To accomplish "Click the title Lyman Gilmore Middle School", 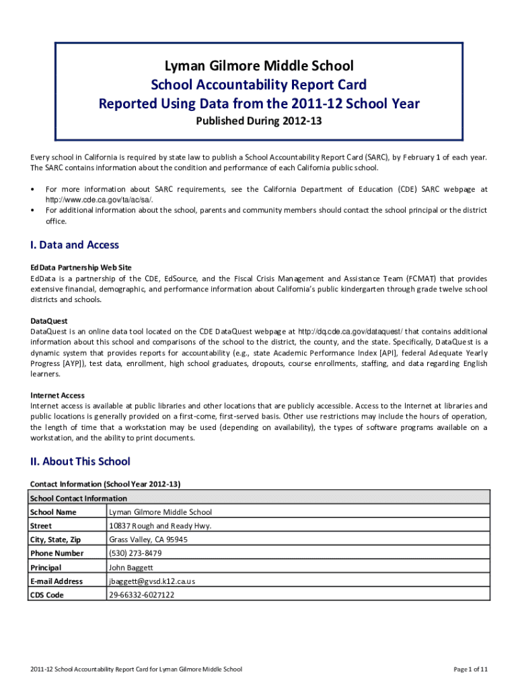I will [259, 66].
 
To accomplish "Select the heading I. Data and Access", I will [75, 245].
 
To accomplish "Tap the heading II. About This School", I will [80, 462].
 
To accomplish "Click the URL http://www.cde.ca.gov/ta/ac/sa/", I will [99, 200].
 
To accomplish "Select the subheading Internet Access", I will [57, 395].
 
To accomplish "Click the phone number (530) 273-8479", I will [135, 553].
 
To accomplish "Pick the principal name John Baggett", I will [131, 567].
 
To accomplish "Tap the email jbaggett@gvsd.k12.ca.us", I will [151, 581].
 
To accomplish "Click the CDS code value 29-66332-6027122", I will [141, 595].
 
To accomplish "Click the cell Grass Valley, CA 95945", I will [148, 540].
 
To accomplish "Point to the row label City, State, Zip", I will [57, 540].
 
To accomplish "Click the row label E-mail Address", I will [57, 581].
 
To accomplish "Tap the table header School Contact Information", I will [79, 498].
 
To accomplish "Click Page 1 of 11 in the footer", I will [471, 669].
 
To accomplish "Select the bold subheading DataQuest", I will [49, 321].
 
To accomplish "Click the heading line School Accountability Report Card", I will [259, 85].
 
